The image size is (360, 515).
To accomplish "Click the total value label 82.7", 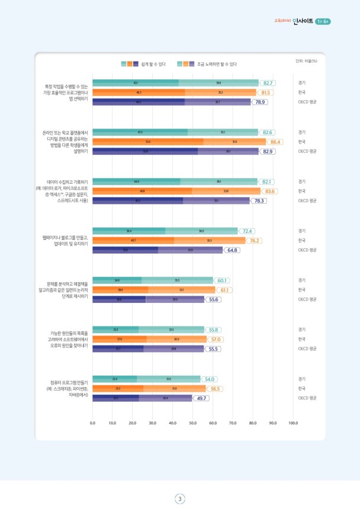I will (x=268, y=83).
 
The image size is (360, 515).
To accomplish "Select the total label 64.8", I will (x=232, y=250).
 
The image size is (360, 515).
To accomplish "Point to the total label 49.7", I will (x=202, y=399).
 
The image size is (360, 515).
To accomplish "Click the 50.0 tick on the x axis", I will (x=193, y=423).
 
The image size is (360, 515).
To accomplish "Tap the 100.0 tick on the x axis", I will (x=293, y=423).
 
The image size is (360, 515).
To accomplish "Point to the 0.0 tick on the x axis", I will (x=93, y=423).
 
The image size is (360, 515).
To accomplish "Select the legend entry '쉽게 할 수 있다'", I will (x=153, y=63).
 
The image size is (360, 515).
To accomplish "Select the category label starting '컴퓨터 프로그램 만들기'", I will (x=67, y=389).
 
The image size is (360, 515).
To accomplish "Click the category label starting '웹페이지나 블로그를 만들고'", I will (x=66, y=240).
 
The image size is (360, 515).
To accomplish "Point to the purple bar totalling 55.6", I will (x=149, y=300).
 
